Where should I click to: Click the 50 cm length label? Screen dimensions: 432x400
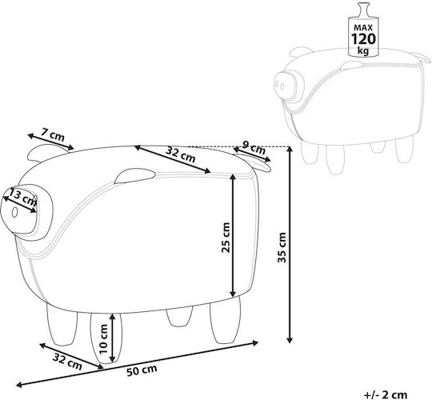click(x=142, y=370)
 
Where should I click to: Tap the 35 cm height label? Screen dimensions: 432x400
click(x=282, y=247)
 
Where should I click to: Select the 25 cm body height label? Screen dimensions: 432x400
click(x=226, y=238)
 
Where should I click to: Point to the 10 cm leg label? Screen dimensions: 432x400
click(x=103, y=339)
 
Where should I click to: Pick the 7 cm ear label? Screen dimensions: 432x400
click(x=53, y=134)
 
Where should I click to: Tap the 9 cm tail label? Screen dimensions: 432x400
click(x=254, y=148)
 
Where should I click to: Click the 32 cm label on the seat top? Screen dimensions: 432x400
click(x=181, y=154)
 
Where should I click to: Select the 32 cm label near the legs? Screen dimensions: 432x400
click(x=67, y=361)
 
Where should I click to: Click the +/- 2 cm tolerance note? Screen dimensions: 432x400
click(x=386, y=394)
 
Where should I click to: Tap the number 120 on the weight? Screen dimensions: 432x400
click(x=363, y=39)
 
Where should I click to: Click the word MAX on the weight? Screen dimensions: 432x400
click(x=363, y=27)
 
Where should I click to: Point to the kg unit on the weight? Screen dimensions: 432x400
click(x=363, y=50)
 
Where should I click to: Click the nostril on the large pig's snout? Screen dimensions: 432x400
click(x=14, y=212)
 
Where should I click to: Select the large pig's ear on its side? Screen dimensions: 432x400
click(x=134, y=175)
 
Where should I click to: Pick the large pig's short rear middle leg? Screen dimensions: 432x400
click(x=179, y=317)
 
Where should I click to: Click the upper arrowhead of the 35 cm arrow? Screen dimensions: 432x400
click(x=290, y=149)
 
